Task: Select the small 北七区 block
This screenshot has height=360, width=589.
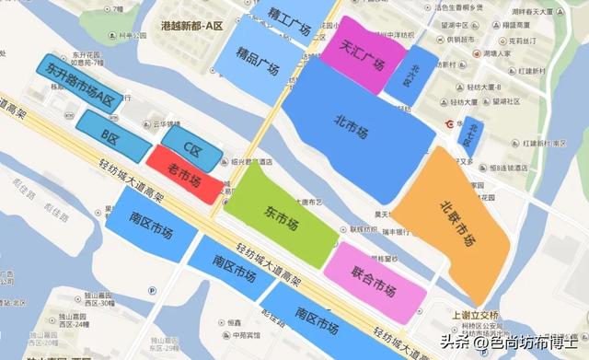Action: pos(473,133)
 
